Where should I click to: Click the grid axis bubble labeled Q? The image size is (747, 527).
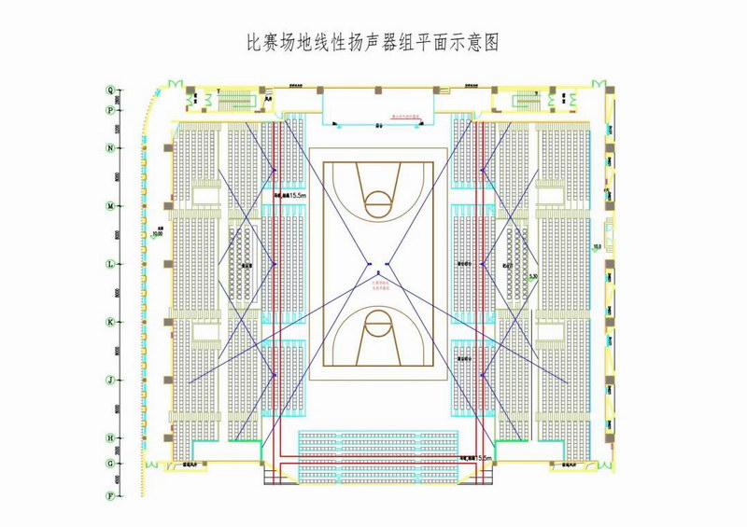click(x=110, y=90)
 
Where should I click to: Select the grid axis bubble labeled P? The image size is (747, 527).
click(x=110, y=108)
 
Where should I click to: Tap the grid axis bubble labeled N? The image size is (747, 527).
click(x=110, y=148)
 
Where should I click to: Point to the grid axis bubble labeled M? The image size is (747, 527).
click(x=110, y=206)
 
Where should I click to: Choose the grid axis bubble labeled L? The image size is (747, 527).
click(x=110, y=264)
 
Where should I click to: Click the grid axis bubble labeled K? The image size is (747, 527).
click(x=110, y=322)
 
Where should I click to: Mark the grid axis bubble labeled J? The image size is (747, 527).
click(x=110, y=380)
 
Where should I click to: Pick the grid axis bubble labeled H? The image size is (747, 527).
click(x=110, y=437)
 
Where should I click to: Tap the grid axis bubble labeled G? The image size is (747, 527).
click(x=110, y=463)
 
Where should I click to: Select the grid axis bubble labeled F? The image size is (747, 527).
click(x=110, y=495)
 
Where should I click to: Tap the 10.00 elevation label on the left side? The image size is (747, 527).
click(x=158, y=234)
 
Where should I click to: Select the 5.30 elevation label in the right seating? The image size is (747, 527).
click(x=532, y=277)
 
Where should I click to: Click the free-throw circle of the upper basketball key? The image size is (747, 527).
click(x=378, y=199)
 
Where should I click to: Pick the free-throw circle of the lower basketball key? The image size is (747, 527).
click(x=378, y=326)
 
